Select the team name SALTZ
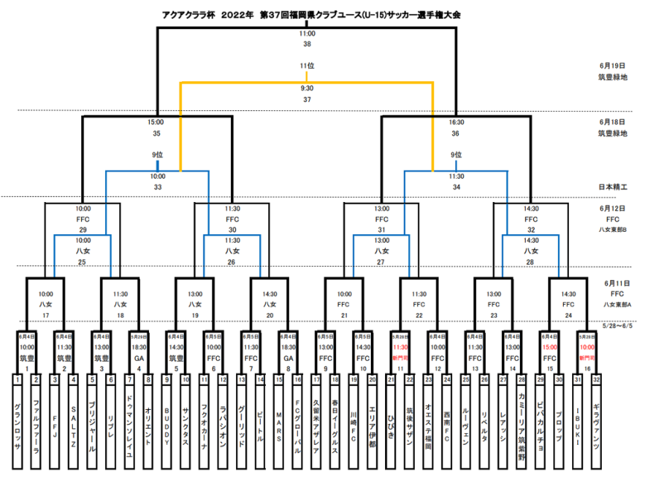[x=73, y=427]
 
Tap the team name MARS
[x=279, y=427]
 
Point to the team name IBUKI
[x=578, y=429]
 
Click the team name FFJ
[x=54, y=427]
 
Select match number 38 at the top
[x=307, y=44]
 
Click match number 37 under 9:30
[x=307, y=99]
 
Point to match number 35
[x=156, y=133]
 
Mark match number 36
[x=456, y=133]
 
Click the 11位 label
[x=307, y=66]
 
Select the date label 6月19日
[x=612, y=66]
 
